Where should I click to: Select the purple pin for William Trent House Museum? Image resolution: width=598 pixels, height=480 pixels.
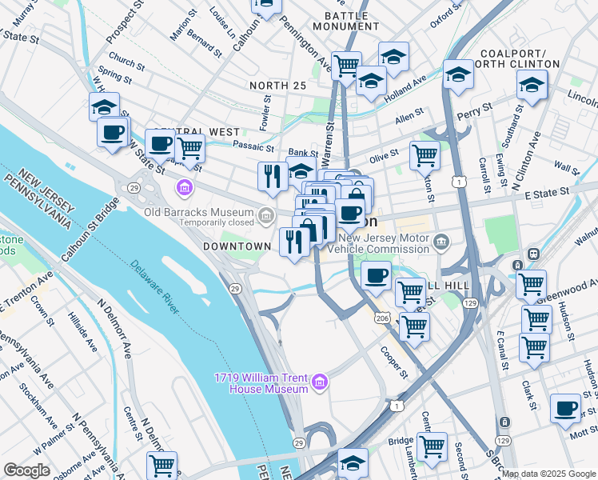pos(321,382)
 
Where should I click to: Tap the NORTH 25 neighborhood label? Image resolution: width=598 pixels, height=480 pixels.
pos(277,86)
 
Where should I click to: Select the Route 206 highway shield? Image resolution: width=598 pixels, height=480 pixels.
pos(383,318)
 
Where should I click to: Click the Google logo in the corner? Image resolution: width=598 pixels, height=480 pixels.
pos(27,470)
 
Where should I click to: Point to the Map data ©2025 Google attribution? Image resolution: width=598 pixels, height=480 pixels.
pos(548,474)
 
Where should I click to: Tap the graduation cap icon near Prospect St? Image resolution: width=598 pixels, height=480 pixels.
pos(104,106)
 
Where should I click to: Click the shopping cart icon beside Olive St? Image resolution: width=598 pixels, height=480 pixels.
pos(425,154)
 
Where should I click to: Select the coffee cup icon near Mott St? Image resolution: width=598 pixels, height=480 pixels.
pos(566,407)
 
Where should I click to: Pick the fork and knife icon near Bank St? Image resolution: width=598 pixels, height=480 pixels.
pos(273,175)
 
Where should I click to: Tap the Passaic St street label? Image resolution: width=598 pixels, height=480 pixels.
pos(253,146)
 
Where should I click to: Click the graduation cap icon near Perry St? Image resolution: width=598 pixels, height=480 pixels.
pos(458,74)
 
